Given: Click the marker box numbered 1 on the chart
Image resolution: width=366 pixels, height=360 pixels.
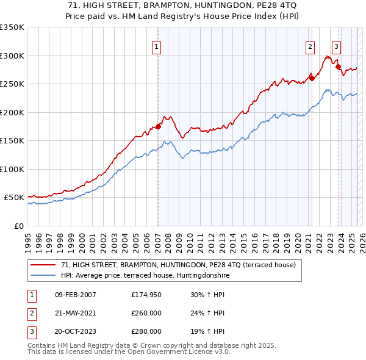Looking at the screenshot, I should (157, 46).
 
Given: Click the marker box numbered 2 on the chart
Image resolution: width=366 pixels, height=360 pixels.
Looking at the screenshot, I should (310, 46).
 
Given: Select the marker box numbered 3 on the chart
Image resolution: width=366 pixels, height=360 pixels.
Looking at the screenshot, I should (336, 46).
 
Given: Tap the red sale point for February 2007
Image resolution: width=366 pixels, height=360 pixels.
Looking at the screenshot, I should (158, 126).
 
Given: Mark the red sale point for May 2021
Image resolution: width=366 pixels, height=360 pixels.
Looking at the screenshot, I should (311, 77).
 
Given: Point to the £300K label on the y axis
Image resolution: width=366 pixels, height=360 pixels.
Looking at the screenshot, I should (12, 56).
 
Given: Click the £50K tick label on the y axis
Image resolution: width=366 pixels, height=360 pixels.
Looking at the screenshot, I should (14, 198).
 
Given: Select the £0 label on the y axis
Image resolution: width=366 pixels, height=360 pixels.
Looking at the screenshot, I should (19, 226).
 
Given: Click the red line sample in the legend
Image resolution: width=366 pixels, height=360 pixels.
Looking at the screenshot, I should (43, 265).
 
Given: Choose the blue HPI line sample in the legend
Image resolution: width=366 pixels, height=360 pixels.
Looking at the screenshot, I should (43, 275).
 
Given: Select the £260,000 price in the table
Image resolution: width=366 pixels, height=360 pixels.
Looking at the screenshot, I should (146, 313).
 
